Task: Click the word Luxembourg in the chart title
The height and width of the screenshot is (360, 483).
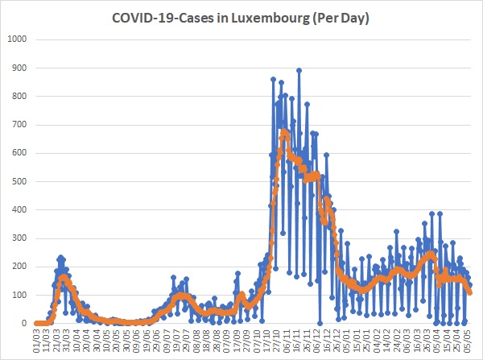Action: point(270,18)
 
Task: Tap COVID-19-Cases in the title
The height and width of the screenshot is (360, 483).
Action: point(162,18)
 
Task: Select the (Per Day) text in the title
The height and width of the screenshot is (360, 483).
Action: point(341,19)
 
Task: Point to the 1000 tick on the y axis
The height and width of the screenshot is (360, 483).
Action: point(18,39)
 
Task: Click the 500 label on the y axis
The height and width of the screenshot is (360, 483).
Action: point(19,181)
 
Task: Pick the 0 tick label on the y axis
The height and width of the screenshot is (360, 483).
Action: point(24,323)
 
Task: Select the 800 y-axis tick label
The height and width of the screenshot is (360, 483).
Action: point(19,96)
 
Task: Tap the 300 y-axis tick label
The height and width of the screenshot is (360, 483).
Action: point(19,238)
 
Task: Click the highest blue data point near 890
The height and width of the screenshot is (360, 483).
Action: point(299,71)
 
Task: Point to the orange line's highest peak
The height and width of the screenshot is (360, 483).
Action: point(284,131)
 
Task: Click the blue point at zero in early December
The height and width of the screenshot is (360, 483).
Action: point(320,323)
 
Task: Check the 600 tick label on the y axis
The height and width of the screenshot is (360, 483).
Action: point(19,153)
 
